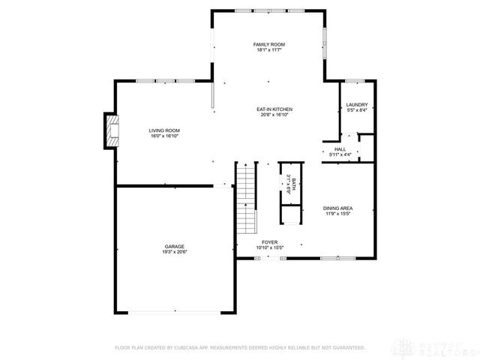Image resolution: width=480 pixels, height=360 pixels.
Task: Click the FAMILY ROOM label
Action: pyautogui.click(x=268, y=45)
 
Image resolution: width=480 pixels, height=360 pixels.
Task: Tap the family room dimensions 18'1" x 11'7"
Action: pyautogui.click(x=268, y=50)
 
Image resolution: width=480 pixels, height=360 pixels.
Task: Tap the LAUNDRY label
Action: pyautogui.click(x=356, y=105)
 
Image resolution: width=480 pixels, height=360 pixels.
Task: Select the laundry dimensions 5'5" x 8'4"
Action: pyautogui.click(x=356, y=110)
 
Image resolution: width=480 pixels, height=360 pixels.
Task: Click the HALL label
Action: pyautogui.click(x=340, y=149)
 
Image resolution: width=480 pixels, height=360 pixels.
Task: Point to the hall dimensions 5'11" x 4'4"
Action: pyautogui.click(x=340, y=154)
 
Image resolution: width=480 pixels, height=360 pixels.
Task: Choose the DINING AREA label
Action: pyautogui.click(x=338, y=208)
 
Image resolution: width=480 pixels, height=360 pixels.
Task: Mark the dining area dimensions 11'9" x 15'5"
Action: pyautogui.click(x=338, y=213)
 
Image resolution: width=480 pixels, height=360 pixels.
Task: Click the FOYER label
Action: pyautogui.click(x=269, y=242)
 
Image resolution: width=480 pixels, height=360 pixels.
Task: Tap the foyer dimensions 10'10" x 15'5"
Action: pyautogui.click(x=269, y=247)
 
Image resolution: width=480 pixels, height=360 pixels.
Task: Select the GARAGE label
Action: pyautogui.click(x=175, y=247)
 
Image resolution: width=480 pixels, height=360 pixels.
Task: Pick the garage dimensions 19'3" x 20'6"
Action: pyautogui.click(x=175, y=252)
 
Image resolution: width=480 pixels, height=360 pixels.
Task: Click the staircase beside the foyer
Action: pyautogui.click(x=246, y=199)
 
